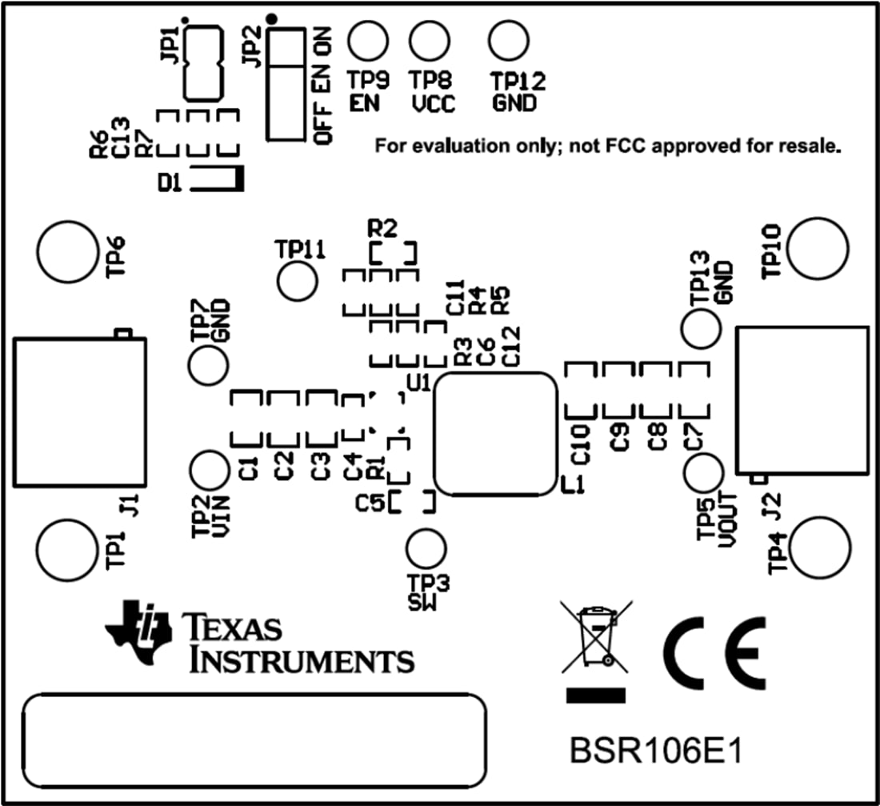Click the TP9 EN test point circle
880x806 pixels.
tap(367, 40)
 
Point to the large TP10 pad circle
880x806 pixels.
tap(817, 247)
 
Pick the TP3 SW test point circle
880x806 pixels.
tap(426, 550)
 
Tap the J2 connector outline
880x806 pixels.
tap(802, 399)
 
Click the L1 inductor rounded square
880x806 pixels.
tap(494, 433)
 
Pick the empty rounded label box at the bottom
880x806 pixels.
tap(255, 741)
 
